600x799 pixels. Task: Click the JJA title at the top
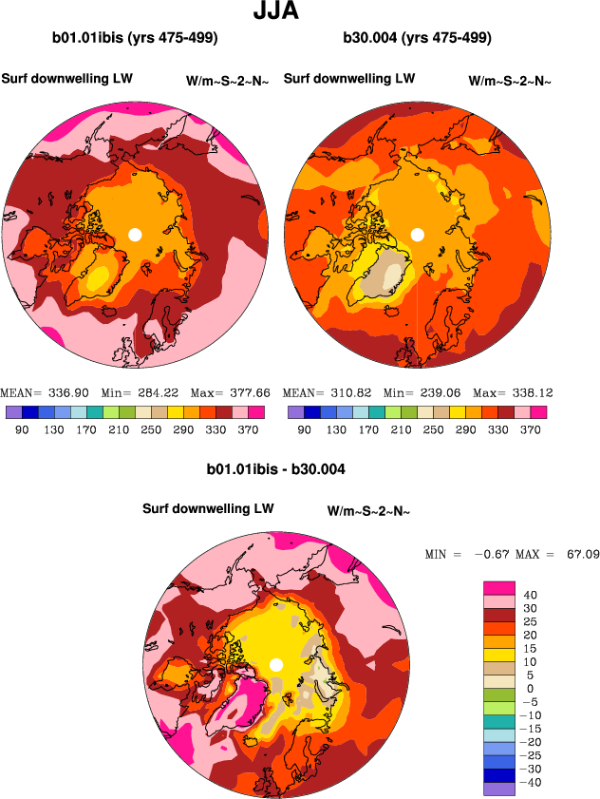pos(278,13)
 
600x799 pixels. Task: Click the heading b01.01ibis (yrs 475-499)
pos(135,39)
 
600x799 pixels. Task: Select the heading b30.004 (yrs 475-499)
pos(418,39)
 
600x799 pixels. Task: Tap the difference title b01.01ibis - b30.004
pos(275,469)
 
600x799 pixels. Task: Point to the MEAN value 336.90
pos(78,392)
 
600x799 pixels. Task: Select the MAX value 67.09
pos(579,553)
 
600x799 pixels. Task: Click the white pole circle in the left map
pos(135,234)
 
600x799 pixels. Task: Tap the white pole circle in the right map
pos(417,234)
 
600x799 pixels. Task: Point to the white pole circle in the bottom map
pos(276,665)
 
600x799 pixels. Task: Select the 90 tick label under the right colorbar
pos(304,429)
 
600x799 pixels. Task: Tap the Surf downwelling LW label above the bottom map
pos(208,509)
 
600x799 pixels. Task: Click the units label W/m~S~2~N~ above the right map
pos(510,81)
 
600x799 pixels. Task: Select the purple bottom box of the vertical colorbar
pos(497,789)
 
